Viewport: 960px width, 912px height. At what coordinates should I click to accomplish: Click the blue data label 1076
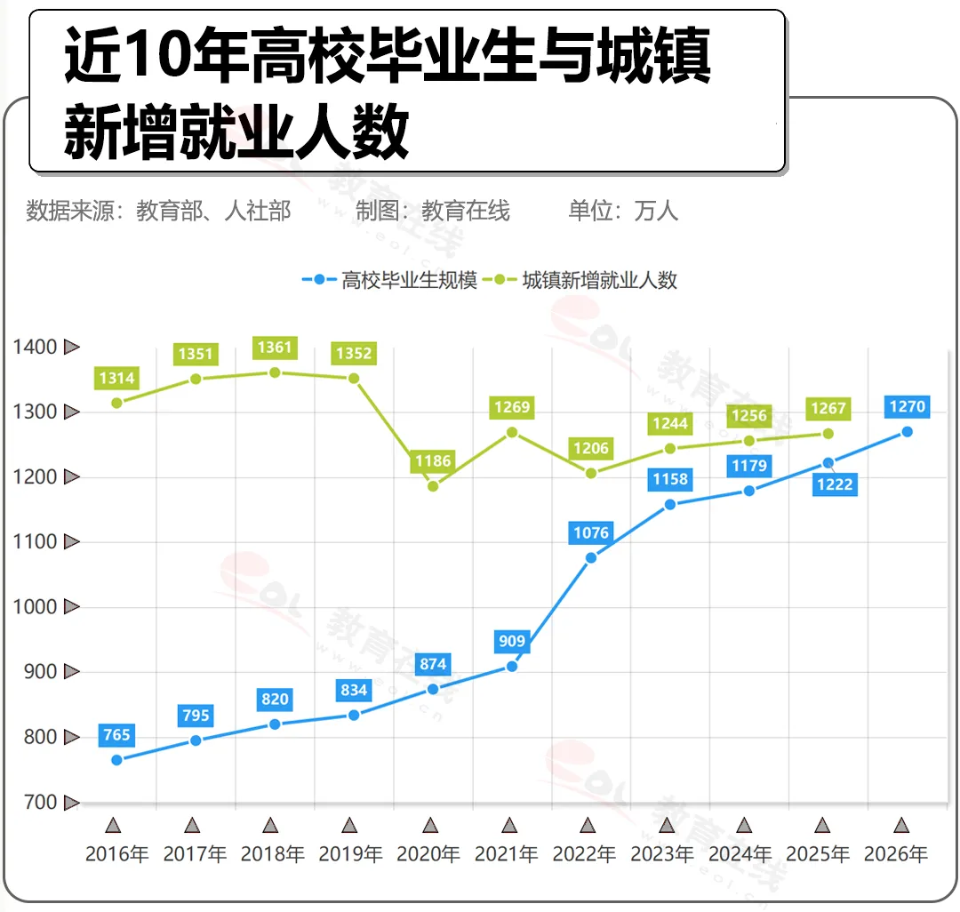[x=591, y=533]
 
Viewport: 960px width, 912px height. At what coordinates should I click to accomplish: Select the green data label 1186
[x=433, y=461]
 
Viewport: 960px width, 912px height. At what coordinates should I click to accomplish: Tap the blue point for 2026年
[x=907, y=432]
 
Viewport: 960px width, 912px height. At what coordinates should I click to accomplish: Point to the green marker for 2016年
[x=116, y=403]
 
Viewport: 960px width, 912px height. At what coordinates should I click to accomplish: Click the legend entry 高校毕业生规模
[x=391, y=280]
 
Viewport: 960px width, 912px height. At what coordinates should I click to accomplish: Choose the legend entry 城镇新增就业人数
[x=587, y=280]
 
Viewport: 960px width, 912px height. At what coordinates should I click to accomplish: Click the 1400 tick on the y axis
[x=36, y=347]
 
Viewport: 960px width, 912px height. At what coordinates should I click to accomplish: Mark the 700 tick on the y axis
[x=39, y=802]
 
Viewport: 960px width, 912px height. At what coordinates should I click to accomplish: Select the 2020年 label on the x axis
[x=428, y=854]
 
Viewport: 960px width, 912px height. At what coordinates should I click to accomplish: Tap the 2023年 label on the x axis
[x=662, y=854]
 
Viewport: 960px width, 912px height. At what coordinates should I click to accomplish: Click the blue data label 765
[x=116, y=735]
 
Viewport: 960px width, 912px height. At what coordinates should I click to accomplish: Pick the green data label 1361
[x=275, y=348]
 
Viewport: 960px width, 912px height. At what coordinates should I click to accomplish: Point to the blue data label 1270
[x=907, y=407]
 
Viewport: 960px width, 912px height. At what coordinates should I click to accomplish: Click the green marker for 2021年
[x=512, y=432]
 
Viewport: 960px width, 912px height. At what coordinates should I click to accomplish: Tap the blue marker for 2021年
[x=512, y=666]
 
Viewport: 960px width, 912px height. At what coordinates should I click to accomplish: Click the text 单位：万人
[x=623, y=211]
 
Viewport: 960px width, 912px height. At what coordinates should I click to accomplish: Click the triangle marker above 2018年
[x=270, y=825]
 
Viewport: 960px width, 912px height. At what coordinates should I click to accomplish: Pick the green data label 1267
[x=828, y=409]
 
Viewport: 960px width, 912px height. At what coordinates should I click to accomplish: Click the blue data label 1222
[x=835, y=484]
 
